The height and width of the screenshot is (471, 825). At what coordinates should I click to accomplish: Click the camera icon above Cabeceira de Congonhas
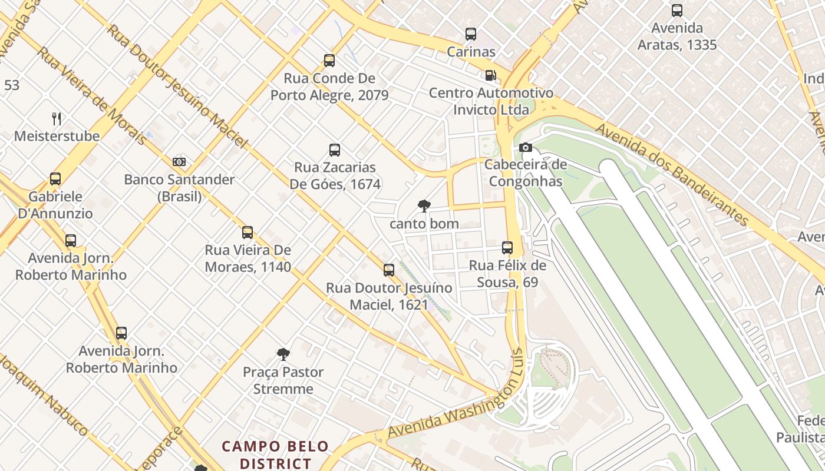click(x=525, y=147)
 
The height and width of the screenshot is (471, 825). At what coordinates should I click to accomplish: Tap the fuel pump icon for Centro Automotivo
click(x=490, y=75)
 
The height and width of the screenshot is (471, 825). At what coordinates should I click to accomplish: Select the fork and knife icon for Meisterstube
click(x=57, y=119)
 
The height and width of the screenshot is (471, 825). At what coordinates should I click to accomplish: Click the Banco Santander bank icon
click(x=179, y=162)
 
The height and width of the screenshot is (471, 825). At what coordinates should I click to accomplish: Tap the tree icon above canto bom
click(x=424, y=206)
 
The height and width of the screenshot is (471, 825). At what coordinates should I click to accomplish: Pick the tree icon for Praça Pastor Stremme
click(x=283, y=354)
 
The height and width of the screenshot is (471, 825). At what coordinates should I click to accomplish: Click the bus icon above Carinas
click(x=471, y=34)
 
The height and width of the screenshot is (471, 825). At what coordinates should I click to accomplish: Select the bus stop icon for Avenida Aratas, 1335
click(x=677, y=11)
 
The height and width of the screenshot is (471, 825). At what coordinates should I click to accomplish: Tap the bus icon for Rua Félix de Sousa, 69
click(x=507, y=248)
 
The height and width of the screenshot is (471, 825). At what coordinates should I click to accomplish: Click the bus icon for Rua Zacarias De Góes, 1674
click(x=335, y=150)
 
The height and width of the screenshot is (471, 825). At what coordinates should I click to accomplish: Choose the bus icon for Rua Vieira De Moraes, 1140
click(x=247, y=233)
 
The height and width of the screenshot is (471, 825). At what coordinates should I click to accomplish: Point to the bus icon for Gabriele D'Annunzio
click(x=55, y=179)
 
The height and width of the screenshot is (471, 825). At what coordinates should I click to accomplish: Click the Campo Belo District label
click(x=275, y=455)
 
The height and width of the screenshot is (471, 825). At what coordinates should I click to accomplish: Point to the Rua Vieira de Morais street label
click(x=91, y=96)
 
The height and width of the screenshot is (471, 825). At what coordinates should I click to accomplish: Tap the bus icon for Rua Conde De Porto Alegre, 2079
click(x=329, y=61)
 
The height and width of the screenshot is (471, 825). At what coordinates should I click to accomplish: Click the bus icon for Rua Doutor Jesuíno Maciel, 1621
click(x=389, y=270)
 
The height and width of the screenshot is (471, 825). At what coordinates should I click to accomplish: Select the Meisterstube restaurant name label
click(x=57, y=136)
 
